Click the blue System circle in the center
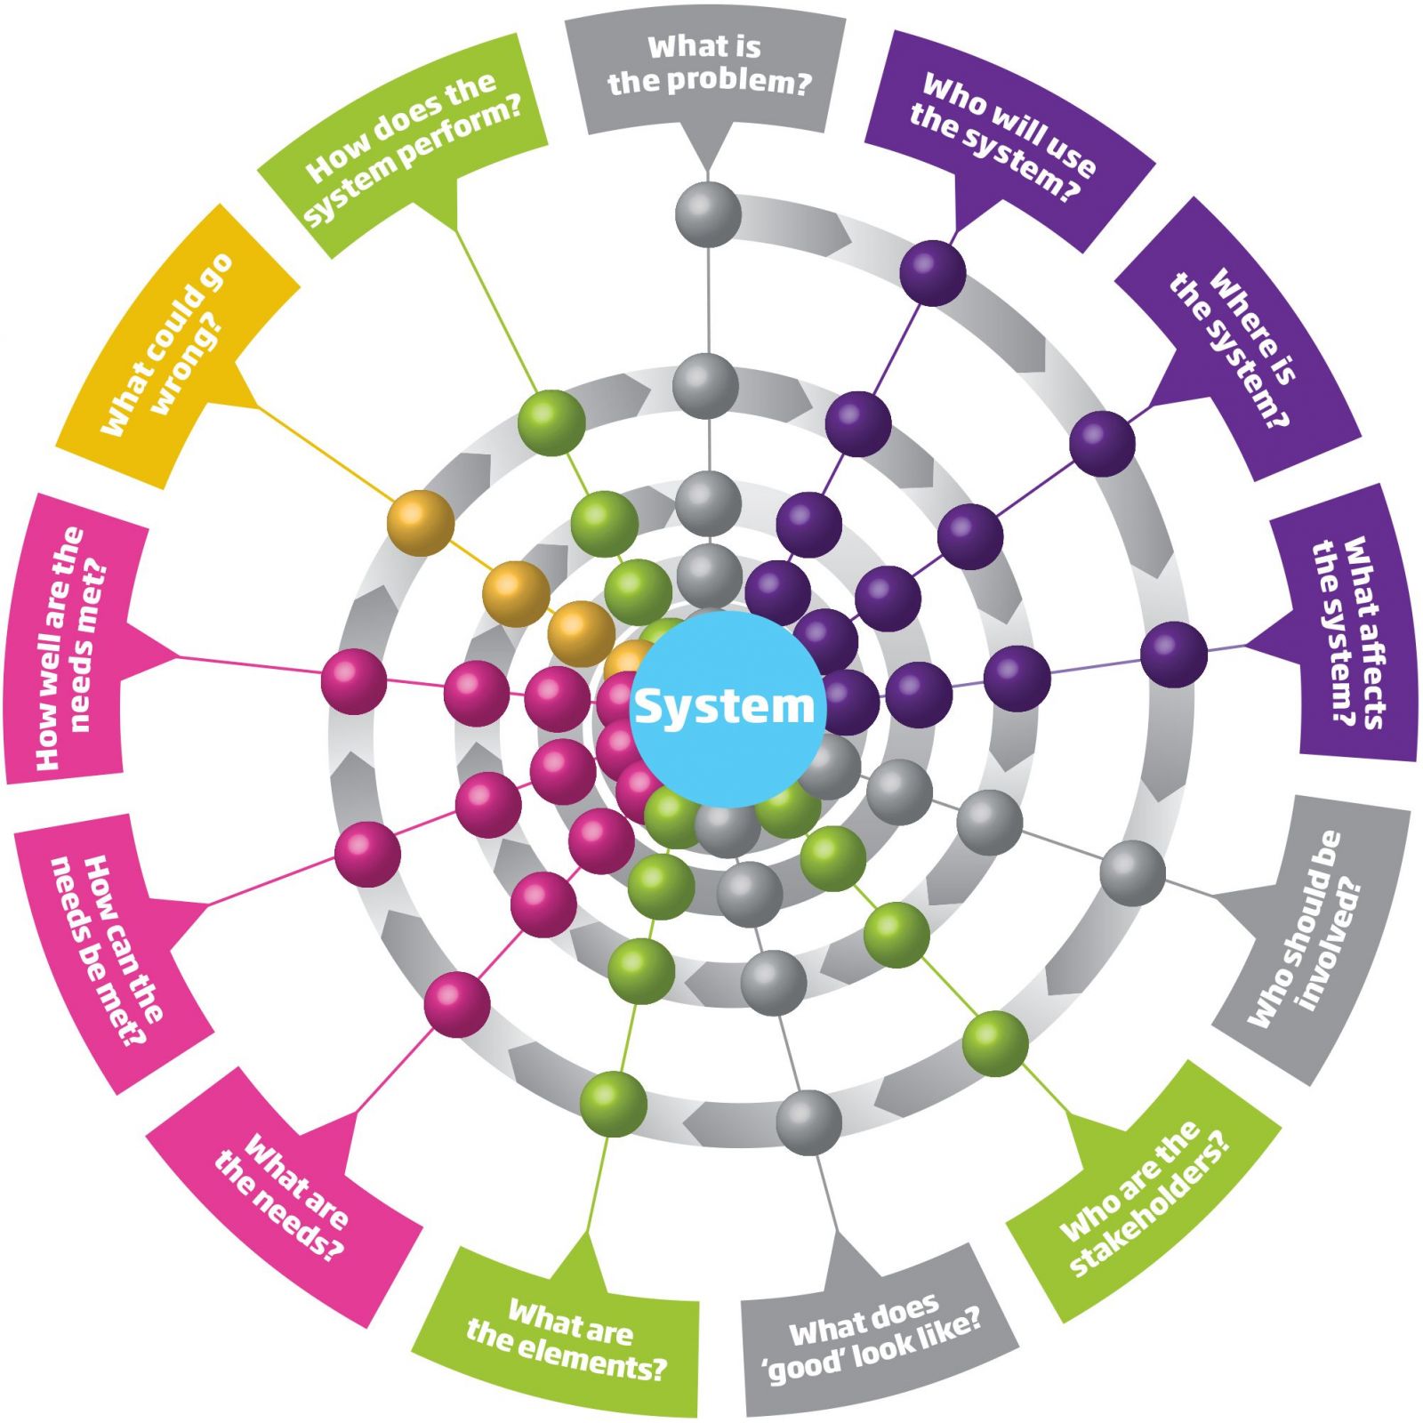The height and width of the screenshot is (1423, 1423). (x=726, y=708)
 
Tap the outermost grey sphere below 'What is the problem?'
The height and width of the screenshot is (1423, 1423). (x=708, y=214)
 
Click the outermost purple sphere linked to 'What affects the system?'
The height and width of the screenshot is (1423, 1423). (x=1174, y=655)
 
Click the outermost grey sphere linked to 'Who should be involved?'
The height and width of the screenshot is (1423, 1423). (x=1132, y=873)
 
